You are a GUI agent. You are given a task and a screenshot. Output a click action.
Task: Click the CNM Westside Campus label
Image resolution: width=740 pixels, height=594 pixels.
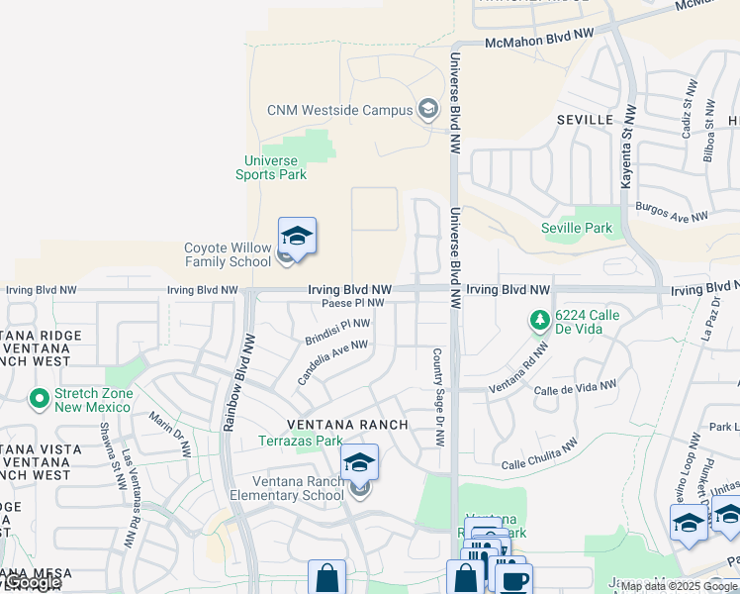point(338,110)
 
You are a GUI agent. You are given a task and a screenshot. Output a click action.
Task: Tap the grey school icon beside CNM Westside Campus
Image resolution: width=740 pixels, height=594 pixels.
point(428,109)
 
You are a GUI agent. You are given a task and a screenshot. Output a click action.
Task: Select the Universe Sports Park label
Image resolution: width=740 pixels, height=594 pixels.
point(271,167)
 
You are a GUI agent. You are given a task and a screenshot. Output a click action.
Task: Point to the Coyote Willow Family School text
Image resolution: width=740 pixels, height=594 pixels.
point(228,255)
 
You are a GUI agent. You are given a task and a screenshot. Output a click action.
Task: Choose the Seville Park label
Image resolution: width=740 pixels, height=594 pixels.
point(577,228)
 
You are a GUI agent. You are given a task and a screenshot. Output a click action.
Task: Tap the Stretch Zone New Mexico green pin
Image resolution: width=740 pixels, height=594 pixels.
point(40,400)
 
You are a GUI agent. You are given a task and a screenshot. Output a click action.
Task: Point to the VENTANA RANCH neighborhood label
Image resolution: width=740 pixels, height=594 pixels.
point(347,424)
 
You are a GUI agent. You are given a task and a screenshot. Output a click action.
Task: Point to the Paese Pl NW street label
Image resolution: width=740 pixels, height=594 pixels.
point(352,303)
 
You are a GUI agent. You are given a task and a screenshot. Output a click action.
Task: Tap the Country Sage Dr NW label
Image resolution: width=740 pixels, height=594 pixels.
point(436,396)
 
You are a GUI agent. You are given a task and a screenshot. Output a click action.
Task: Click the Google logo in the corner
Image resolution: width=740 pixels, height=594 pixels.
point(32,583)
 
